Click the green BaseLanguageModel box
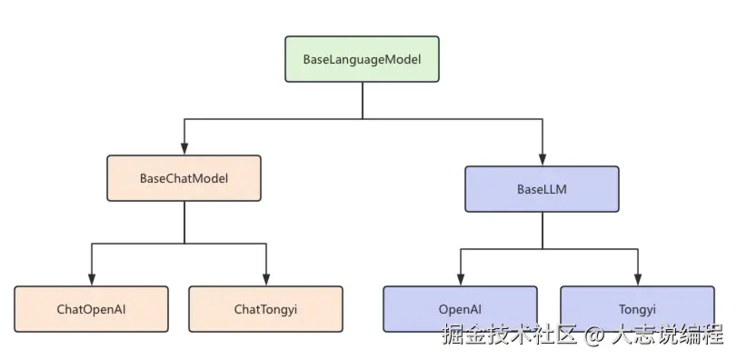[x=362, y=59]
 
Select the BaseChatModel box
[x=184, y=178]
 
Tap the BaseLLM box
[x=542, y=189]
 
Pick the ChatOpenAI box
[x=91, y=309]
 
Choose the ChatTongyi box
[x=265, y=309]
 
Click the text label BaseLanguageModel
[x=362, y=59]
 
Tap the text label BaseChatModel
[x=184, y=178]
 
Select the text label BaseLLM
[x=542, y=189]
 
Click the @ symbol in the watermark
[x=593, y=335]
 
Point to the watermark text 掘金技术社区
[x=510, y=335]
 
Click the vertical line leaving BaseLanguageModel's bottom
[x=363, y=100]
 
